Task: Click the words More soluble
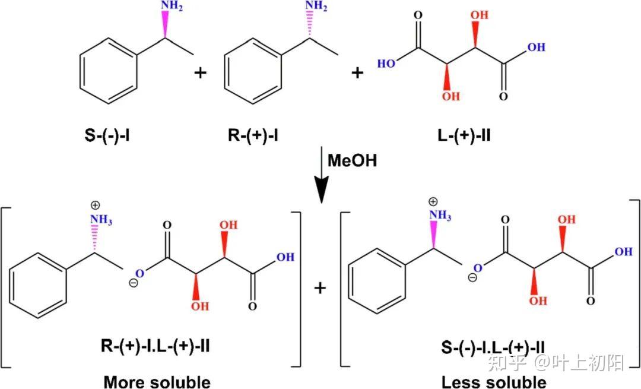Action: point(157,381)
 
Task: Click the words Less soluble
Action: point(494,381)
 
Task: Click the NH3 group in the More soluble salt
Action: point(101,221)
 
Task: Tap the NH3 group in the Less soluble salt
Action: point(439,216)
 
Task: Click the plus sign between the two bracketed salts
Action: point(320,288)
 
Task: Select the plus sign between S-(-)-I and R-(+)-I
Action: point(201,73)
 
